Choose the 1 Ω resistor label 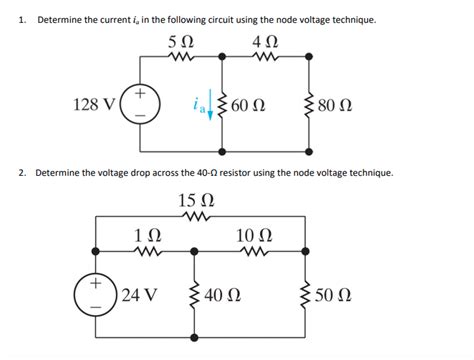(146, 235)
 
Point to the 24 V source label (141, 297)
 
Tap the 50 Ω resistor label (332, 297)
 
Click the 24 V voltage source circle (95, 296)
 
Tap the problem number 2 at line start (19, 172)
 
